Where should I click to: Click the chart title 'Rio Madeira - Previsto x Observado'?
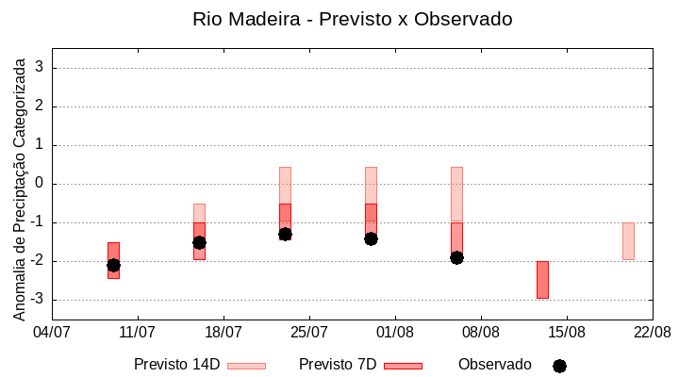352,19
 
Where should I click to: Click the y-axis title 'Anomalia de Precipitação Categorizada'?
19,186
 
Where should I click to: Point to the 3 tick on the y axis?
40,68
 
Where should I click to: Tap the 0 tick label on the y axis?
40,184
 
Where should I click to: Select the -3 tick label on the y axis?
37,300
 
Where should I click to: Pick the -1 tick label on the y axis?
37,222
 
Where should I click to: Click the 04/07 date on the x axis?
52,332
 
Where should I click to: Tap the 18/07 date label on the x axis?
224,332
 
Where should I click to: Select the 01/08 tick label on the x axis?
395,332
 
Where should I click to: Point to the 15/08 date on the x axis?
567,332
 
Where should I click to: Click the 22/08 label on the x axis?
652,332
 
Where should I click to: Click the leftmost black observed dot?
113,265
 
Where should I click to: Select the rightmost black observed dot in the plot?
456,257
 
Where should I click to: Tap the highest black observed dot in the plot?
285,234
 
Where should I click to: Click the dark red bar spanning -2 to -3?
542,280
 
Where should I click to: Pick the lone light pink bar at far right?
628,241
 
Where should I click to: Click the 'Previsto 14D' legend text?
176,365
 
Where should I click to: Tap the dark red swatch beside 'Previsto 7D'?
403,366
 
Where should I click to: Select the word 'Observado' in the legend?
494,365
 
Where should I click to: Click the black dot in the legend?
559,366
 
